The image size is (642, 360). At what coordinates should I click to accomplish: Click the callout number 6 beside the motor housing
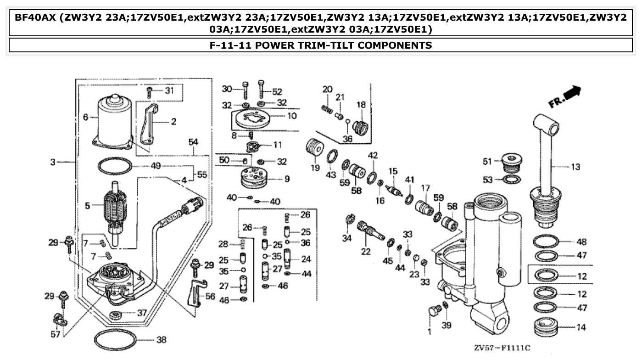pos(85,118)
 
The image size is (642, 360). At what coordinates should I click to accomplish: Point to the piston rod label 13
pos(575,168)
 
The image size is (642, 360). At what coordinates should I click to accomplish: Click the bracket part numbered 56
pos(195,294)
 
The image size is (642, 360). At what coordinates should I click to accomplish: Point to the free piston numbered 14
pos(545,327)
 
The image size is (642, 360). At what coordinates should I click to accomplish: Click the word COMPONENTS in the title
pos(392,45)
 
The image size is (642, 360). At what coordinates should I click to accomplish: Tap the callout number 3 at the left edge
pos(53,162)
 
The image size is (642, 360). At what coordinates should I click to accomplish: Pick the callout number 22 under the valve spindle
pos(365,252)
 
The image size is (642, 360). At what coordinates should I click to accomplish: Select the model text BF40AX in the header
pos(34,18)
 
